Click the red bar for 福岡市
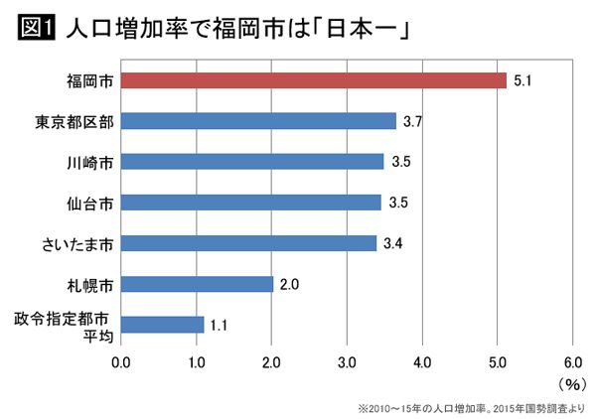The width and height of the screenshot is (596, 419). [x=314, y=80]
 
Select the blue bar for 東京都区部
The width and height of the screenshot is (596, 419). [x=258, y=121]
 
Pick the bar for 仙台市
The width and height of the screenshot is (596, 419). [x=251, y=203]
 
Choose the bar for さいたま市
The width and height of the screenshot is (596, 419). [x=248, y=243]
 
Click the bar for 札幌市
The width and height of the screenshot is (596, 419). [x=197, y=284]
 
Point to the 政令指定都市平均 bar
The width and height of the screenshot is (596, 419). [x=162, y=325]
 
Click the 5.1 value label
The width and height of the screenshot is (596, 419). [x=523, y=80]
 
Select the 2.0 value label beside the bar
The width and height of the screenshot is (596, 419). [x=290, y=284]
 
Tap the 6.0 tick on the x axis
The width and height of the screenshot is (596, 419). [x=572, y=361]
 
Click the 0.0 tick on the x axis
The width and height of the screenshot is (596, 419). [x=121, y=361]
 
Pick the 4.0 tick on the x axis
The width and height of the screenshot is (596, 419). [x=422, y=361]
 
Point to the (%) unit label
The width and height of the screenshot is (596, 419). [x=572, y=382]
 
